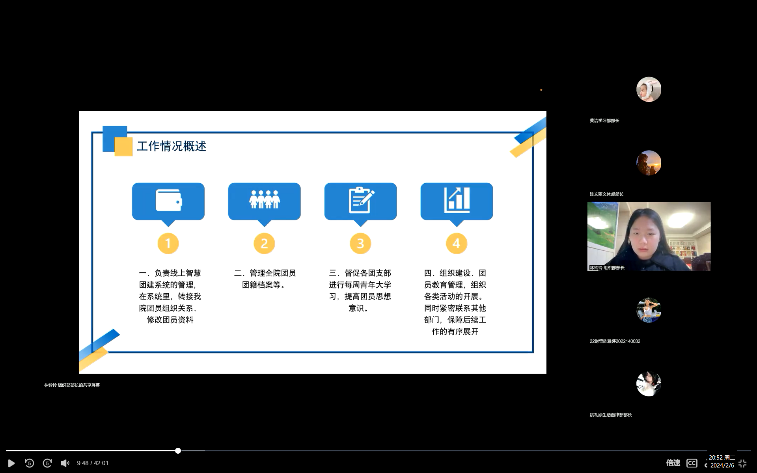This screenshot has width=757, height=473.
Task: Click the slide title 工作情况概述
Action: (x=172, y=146)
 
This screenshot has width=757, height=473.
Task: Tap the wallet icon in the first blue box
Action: (x=169, y=201)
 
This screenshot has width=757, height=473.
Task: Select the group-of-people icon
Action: (x=265, y=199)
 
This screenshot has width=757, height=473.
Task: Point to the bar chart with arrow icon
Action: (x=457, y=200)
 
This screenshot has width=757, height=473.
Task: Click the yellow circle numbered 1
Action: (x=168, y=243)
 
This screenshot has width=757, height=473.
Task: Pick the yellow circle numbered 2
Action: (x=265, y=243)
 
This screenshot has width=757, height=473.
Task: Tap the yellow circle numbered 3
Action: (x=360, y=243)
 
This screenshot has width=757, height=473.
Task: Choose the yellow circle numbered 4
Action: (x=457, y=243)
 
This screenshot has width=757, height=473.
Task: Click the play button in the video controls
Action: (x=11, y=463)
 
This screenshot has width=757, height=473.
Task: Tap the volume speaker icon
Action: (x=65, y=463)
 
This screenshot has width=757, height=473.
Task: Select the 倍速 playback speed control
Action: (x=673, y=463)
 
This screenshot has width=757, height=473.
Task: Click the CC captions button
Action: (x=692, y=463)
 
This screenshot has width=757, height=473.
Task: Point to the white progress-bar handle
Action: (x=178, y=451)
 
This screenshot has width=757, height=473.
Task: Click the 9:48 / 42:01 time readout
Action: (x=93, y=463)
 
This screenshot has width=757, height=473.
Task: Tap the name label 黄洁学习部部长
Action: (x=604, y=121)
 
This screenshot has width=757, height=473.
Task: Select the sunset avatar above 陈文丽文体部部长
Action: (x=649, y=163)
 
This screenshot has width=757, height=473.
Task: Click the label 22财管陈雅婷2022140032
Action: (x=615, y=341)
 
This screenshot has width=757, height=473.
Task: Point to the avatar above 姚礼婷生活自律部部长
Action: (x=649, y=384)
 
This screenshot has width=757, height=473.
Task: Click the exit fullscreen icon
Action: (x=742, y=463)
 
